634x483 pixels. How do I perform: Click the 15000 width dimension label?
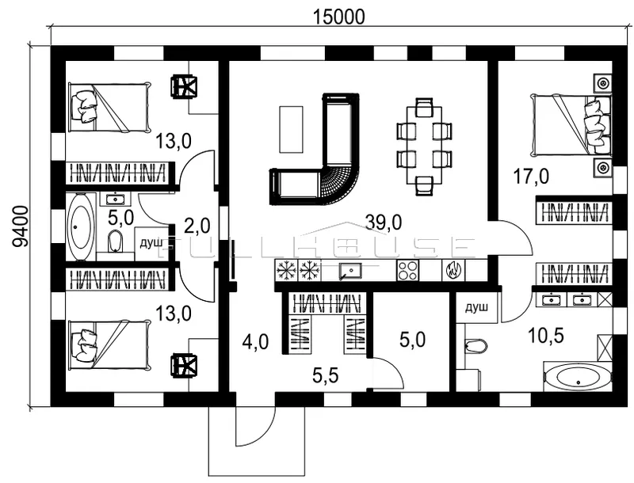[339, 17]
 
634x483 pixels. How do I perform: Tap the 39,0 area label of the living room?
[383, 222]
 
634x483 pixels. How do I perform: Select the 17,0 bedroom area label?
[530, 177]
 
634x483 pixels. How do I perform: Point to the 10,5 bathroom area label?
[546, 336]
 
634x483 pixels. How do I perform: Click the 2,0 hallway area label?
[197, 226]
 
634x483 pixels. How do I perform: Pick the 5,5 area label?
[326, 376]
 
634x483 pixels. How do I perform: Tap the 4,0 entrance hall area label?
[255, 343]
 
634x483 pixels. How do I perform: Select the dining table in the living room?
[424, 144]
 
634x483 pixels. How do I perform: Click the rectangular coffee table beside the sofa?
[291, 129]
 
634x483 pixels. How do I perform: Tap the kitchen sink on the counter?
[350, 270]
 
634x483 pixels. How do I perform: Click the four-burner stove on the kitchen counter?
[407, 270]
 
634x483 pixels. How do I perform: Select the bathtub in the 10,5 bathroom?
[578, 378]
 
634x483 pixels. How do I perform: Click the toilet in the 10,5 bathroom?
[475, 346]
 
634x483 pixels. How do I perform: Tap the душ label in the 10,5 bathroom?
[477, 308]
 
